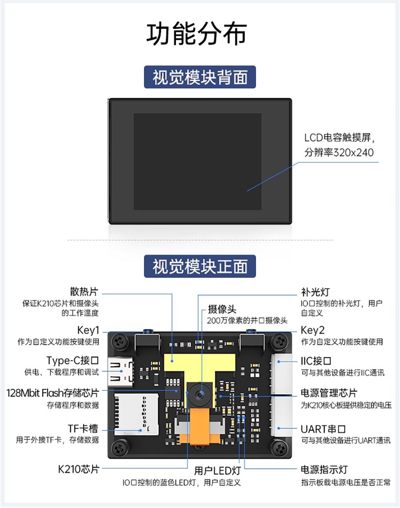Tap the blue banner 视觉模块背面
[x=200, y=77]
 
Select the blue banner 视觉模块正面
[x=200, y=266]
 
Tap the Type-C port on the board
[x=120, y=372]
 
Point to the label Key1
[x=88, y=330]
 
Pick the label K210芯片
[x=79, y=469]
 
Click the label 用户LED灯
[x=217, y=471]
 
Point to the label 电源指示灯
[x=324, y=469]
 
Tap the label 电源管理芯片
[x=329, y=393]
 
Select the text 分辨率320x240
[x=339, y=152]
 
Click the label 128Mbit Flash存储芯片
[x=53, y=393]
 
